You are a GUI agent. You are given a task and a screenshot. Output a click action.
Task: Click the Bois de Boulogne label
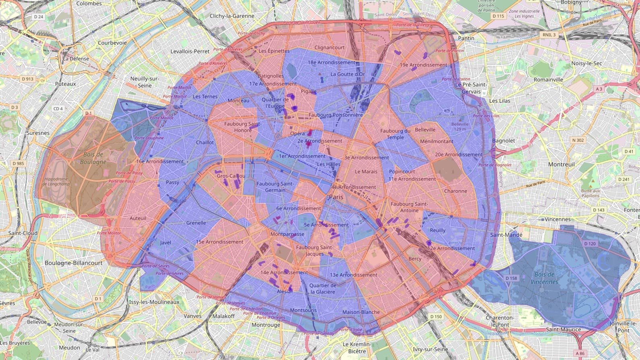[93, 158]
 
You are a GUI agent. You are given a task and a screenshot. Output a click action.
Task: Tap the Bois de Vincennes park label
[544, 278]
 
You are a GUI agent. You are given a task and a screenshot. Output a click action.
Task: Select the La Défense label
[76, 58]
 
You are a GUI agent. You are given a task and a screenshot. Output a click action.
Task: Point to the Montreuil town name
[561, 164]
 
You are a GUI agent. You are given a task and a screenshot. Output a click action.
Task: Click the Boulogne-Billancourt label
[73, 263]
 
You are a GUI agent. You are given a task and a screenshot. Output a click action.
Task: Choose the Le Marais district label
[366, 172]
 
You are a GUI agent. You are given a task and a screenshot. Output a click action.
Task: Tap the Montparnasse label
[288, 234]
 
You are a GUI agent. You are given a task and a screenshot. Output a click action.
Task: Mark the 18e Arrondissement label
[331, 62]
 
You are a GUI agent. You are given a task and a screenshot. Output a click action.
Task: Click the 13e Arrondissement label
[354, 275]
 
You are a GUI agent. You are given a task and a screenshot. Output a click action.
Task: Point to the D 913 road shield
[27, 79]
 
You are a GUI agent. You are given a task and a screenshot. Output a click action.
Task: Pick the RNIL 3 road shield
[549, 35]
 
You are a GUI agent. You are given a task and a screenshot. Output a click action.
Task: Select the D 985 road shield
[18, 163]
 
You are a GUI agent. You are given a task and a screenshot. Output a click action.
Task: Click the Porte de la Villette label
[413, 25]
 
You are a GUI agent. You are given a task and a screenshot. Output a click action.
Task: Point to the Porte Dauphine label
[149, 138]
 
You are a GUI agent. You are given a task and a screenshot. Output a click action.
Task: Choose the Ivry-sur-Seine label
[431, 349]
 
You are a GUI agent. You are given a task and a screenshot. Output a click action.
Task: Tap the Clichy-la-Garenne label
[232, 16]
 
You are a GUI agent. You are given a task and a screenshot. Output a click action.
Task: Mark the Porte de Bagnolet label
[495, 165]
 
